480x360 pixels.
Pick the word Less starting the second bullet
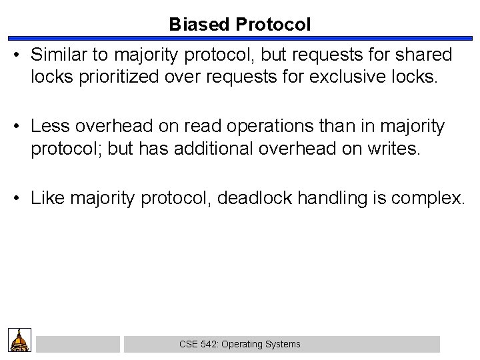(47, 125)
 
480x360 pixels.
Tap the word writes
(397, 147)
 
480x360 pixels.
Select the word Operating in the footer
(243, 344)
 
